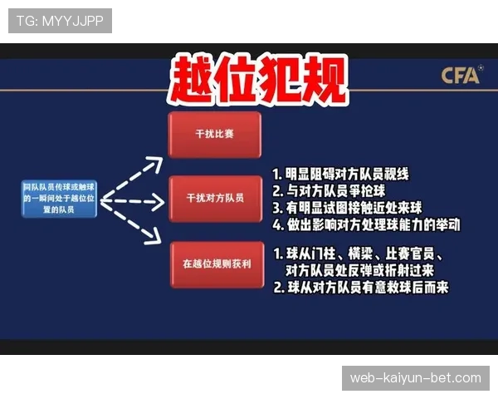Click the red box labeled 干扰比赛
214,135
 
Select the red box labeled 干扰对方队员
214,199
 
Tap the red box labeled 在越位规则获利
214,264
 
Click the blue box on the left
60,199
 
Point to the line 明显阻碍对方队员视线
341,175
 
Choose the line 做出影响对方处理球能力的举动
366,224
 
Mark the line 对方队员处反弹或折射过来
359,270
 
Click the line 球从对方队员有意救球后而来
360,288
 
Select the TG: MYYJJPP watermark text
60,21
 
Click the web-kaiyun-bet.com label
415,378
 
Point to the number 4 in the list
278,224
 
